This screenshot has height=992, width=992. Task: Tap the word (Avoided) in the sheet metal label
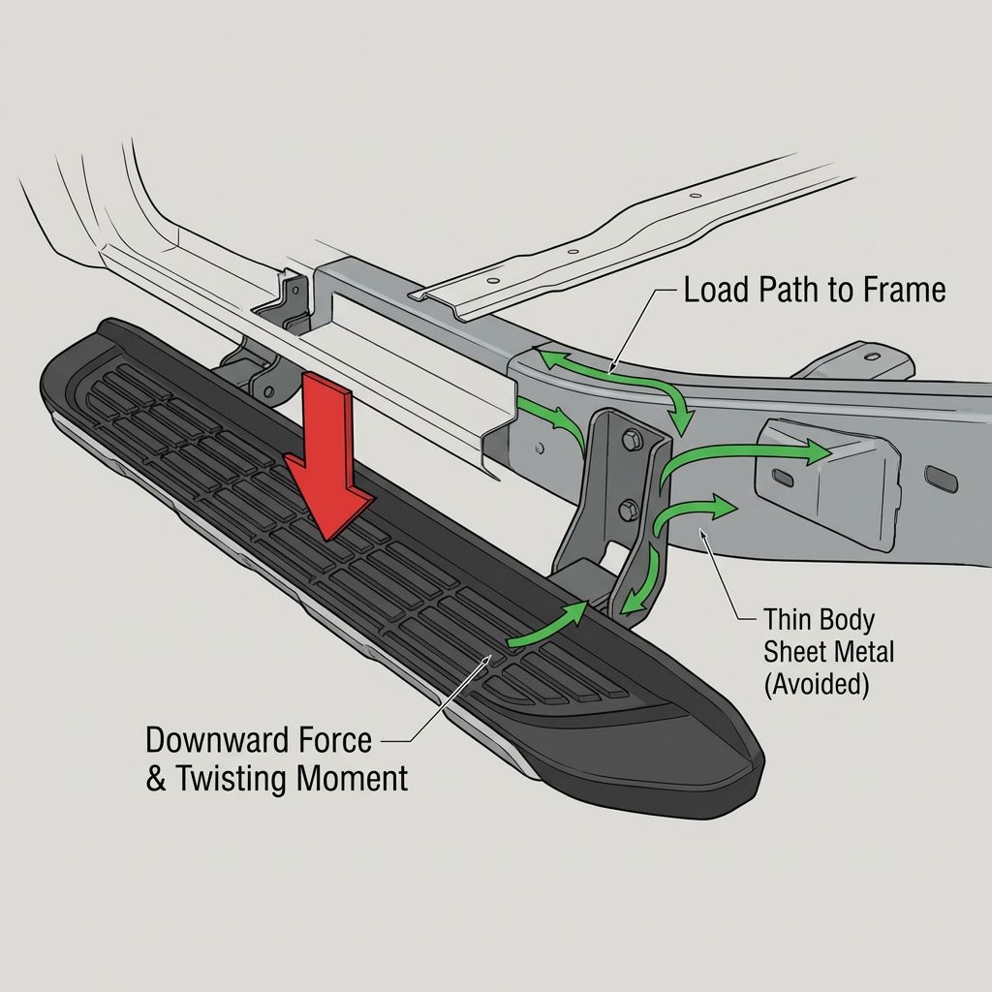point(816,685)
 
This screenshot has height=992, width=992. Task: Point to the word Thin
point(787,619)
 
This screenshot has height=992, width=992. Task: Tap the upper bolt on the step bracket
point(632,441)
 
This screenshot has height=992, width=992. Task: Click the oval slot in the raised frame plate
point(783,478)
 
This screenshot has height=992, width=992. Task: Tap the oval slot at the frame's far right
point(942,479)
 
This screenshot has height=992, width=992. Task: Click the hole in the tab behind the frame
point(872,356)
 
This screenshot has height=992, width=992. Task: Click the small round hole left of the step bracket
point(539,449)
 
